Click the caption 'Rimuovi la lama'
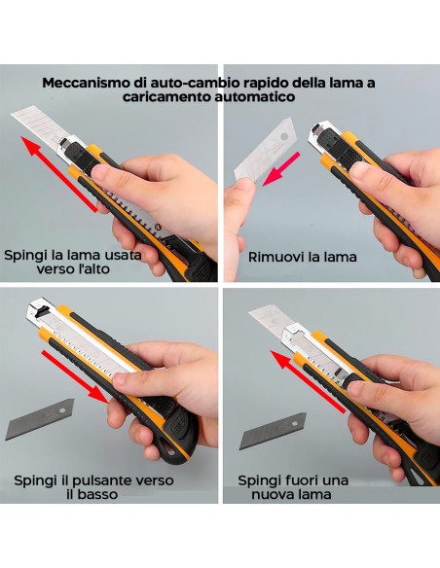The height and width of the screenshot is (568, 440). (x=302, y=257)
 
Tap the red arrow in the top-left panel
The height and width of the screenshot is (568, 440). (x=60, y=176)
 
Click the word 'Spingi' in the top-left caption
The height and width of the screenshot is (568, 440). (x=26, y=256)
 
